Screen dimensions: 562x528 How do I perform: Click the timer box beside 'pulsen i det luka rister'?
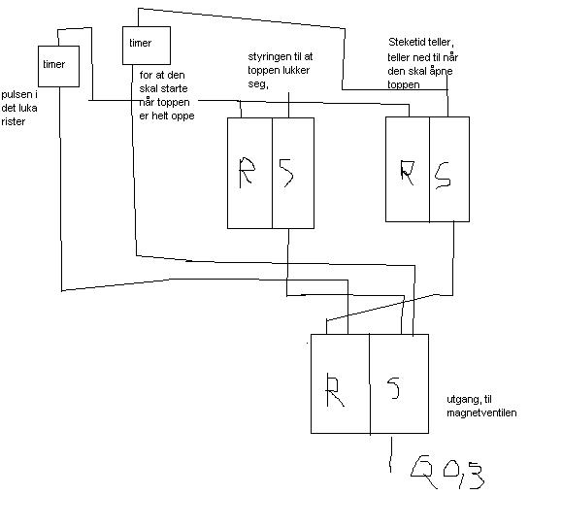[x=58, y=66]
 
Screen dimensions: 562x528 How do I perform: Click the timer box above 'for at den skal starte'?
[x=147, y=46]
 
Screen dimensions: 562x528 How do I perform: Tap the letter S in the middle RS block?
[x=286, y=173]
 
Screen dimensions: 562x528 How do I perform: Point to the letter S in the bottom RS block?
[x=394, y=388]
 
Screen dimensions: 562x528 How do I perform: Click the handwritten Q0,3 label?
[x=448, y=474]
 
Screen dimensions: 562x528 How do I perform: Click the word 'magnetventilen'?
[x=481, y=412]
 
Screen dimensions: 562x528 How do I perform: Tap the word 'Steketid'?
[x=407, y=43]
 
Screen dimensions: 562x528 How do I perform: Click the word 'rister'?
[x=14, y=121]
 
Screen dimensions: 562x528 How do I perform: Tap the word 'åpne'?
[x=442, y=71]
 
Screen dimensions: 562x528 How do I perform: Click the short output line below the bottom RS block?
[x=390, y=454]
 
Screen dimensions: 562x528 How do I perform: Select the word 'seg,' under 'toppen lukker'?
[x=258, y=84]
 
